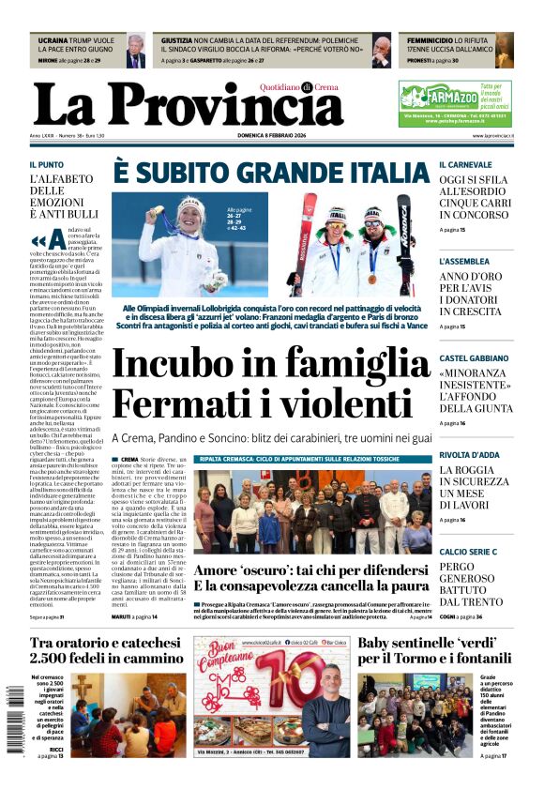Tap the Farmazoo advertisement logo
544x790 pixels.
(x=438, y=95)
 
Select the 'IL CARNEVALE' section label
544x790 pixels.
(x=471, y=164)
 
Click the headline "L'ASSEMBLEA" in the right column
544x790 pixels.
(x=464, y=261)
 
